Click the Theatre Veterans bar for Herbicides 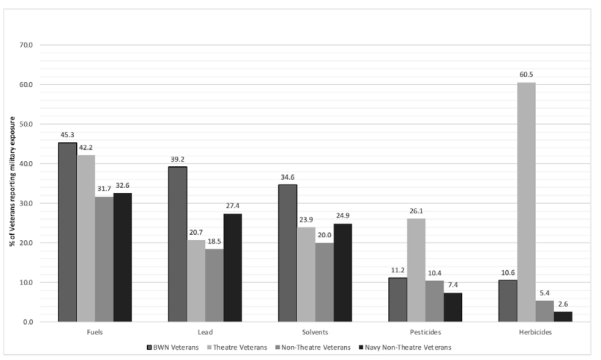526,202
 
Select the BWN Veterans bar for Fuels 67,232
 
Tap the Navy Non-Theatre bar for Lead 233,268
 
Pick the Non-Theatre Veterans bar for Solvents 324,282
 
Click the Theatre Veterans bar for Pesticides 417,270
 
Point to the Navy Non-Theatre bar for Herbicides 563,317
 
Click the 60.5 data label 526,75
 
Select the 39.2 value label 177,160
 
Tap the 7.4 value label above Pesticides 452,285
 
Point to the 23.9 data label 306,220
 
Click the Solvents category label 315,332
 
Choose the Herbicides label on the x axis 535,332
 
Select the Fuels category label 94,332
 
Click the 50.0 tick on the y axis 26,124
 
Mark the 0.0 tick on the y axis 28,322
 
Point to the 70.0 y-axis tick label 26,45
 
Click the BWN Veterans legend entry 173,348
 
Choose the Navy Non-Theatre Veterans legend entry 405,348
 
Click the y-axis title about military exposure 12,181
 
